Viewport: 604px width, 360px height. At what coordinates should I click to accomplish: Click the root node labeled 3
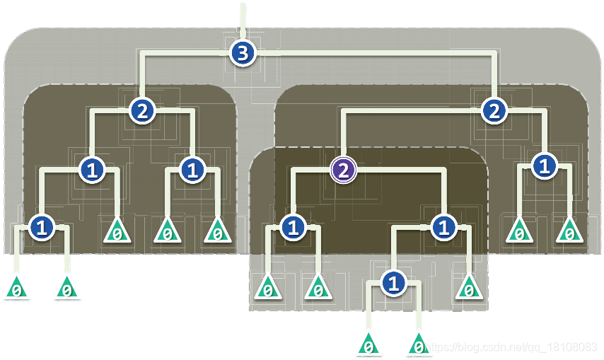243,53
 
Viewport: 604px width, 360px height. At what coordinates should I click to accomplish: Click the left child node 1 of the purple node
292,227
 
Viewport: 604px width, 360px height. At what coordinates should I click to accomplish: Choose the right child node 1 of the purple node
443,227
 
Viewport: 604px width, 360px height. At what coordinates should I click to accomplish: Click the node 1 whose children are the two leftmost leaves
42,227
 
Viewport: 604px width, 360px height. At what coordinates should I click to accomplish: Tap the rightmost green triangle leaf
569,231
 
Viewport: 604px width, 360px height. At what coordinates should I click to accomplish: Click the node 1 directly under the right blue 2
544,167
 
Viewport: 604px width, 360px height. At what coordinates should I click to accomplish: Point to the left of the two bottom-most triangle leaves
368,346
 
